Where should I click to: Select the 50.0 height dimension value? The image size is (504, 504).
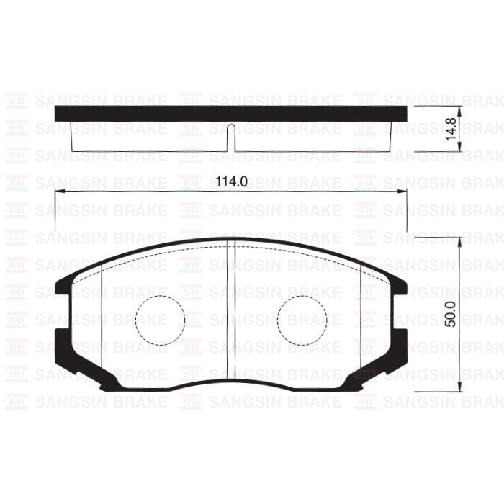(451, 314)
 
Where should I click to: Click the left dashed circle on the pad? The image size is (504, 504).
(160, 318)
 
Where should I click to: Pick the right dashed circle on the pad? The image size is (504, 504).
(302, 318)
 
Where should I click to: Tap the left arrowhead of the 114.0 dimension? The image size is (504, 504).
(60, 192)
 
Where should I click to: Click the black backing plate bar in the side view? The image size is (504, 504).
(230, 114)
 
